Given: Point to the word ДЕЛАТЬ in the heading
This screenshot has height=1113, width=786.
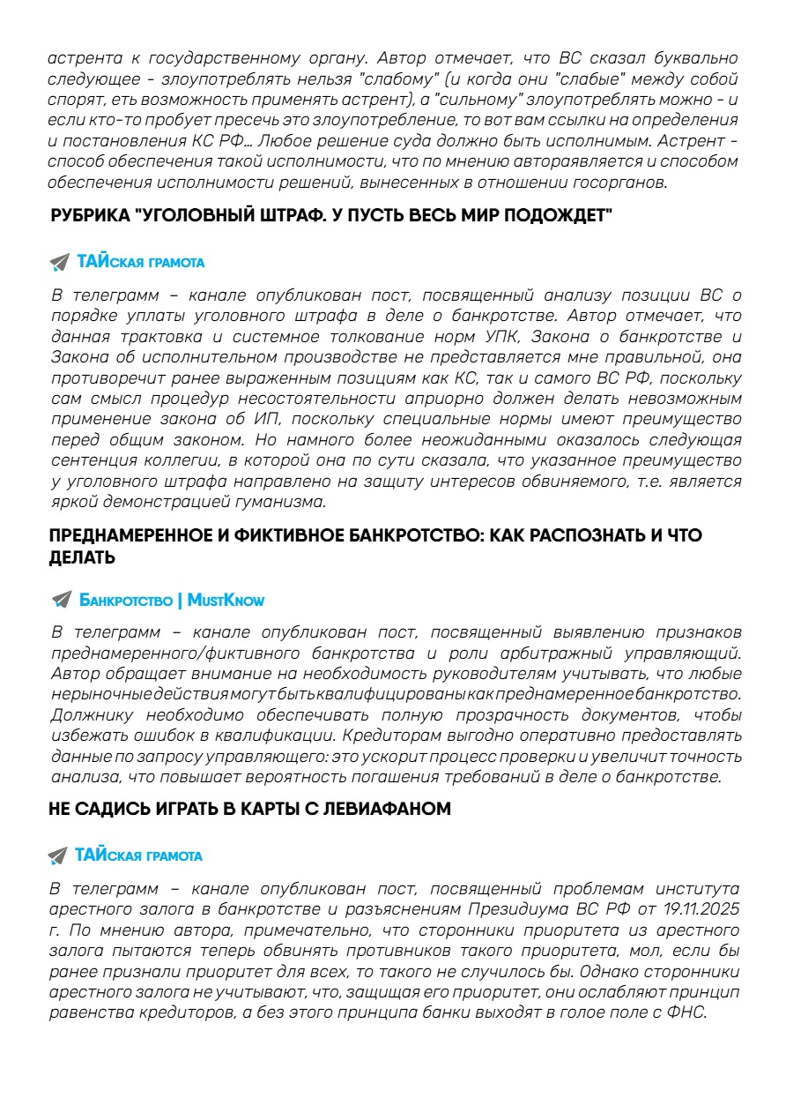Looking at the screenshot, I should [x=82, y=558].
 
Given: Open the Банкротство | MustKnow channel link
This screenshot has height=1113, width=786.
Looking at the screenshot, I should [x=172, y=601].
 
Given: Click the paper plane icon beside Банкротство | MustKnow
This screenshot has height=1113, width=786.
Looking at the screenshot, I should [x=61, y=601].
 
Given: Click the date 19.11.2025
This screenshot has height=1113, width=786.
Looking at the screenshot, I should [x=694, y=908].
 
